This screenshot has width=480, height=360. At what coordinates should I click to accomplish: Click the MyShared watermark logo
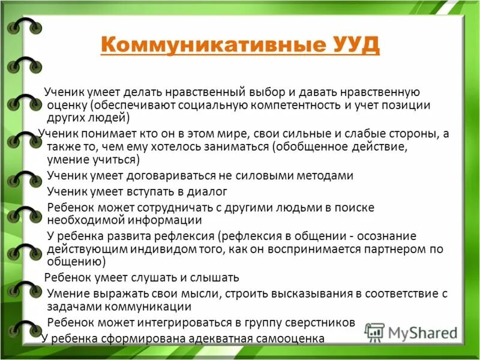(x=411, y=332)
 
